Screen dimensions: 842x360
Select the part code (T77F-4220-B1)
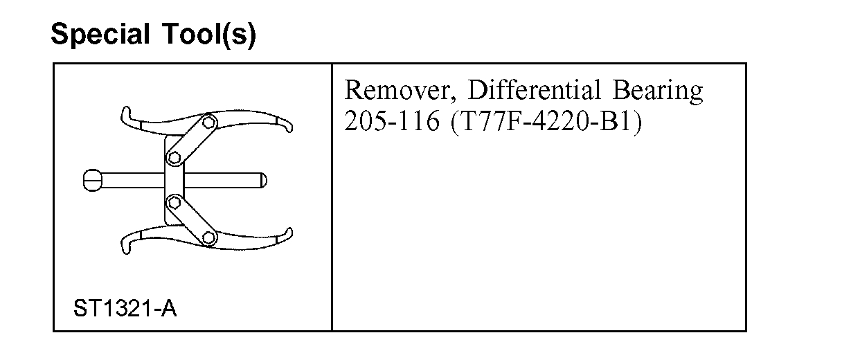coord(546,122)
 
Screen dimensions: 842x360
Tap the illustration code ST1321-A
coord(125,308)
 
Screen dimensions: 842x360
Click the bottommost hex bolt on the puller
coord(208,238)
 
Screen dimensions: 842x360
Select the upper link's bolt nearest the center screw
coord(173,158)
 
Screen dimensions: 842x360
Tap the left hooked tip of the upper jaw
coord(125,114)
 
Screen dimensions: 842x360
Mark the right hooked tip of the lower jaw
coord(286,234)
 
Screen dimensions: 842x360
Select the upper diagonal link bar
coord(192,140)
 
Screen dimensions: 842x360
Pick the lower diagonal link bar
coord(191,220)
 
